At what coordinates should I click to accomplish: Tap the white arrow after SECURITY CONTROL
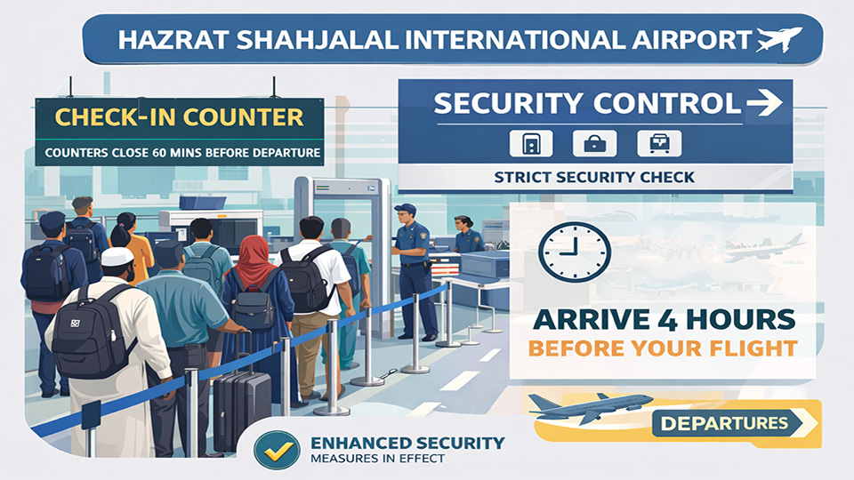click(764, 104)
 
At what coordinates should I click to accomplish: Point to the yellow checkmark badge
click(274, 450)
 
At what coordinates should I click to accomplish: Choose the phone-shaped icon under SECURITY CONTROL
click(530, 143)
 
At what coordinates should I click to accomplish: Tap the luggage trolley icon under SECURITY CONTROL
click(660, 143)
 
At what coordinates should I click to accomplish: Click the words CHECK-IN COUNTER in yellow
click(179, 116)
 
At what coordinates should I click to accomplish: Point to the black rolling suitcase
click(242, 409)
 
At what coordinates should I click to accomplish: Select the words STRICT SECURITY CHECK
click(594, 178)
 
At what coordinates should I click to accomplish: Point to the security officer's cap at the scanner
click(404, 209)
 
